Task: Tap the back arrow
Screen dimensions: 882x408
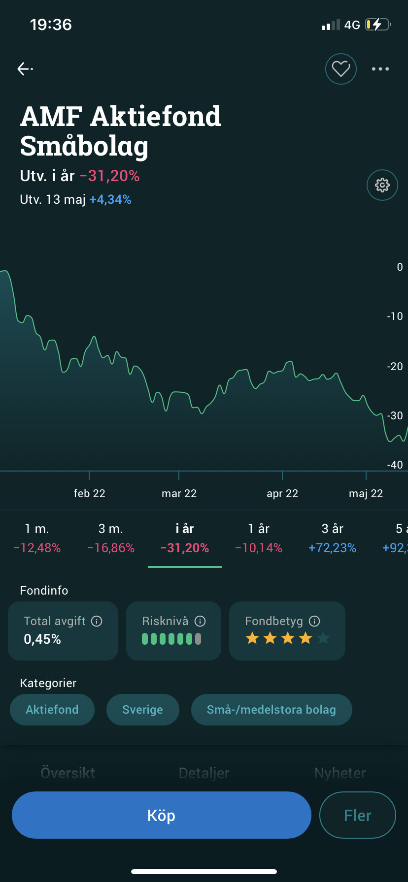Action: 25,69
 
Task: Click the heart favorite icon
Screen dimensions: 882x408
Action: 341,69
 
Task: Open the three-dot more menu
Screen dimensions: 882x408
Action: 380,69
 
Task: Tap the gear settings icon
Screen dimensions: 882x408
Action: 382,185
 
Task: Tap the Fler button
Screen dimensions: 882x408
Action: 358,816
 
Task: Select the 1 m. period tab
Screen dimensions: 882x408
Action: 37,538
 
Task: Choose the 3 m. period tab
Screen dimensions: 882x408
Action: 111,538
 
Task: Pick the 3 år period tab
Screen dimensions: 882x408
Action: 333,538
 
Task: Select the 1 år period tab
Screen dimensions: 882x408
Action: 259,538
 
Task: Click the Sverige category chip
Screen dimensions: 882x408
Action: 143,710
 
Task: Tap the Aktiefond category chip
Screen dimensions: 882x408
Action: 52,710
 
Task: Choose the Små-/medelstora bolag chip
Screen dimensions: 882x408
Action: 272,710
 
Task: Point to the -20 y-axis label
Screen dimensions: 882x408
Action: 395,366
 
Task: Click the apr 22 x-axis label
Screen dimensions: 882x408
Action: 282,494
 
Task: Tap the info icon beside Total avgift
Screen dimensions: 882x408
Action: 97,621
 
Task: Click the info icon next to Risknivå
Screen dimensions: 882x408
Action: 200,621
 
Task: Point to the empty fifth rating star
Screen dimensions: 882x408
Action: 323,639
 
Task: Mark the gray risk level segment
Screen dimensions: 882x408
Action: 198,639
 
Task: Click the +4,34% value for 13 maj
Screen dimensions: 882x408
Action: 110,200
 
